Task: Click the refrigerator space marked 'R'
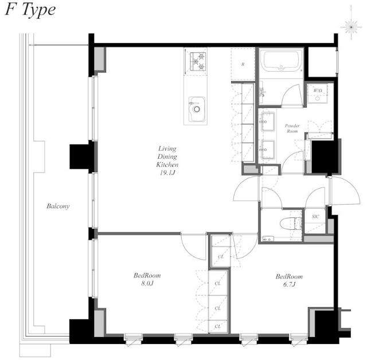coord(243,64)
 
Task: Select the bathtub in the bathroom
coord(280,61)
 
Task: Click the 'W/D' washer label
coord(317,91)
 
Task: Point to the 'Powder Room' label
coord(292,128)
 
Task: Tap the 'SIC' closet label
coord(315,217)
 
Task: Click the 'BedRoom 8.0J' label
coord(143,279)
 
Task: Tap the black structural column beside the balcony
coord(81,156)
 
